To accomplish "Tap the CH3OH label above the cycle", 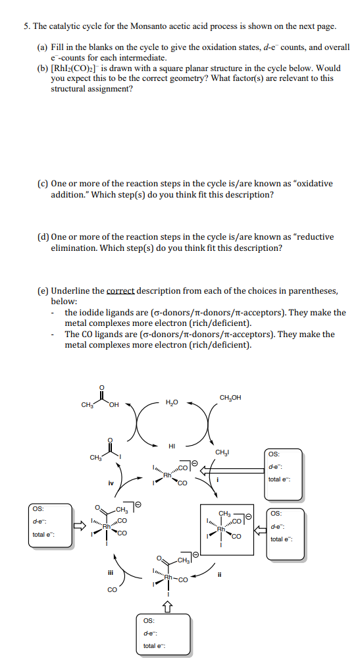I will [230, 397].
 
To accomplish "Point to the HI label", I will [172, 445].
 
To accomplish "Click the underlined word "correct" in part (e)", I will [124, 290].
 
